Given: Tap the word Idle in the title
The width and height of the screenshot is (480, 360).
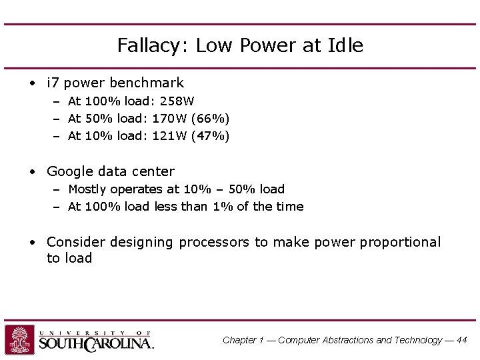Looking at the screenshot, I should [x=345, y=45].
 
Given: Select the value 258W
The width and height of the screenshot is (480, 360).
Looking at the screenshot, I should [x=177, y=101].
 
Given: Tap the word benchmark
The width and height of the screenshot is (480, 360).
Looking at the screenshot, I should [x=147, y=83].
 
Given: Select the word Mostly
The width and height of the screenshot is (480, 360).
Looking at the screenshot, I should [x=87, y=189].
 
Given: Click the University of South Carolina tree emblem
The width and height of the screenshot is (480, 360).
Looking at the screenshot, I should [x=20, y=339].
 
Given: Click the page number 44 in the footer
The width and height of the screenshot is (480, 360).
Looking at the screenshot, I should [x=462, y=340].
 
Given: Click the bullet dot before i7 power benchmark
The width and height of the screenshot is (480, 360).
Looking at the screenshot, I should [x=32, y=84].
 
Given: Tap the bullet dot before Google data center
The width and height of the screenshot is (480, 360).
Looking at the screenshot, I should [x=32, y=172].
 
